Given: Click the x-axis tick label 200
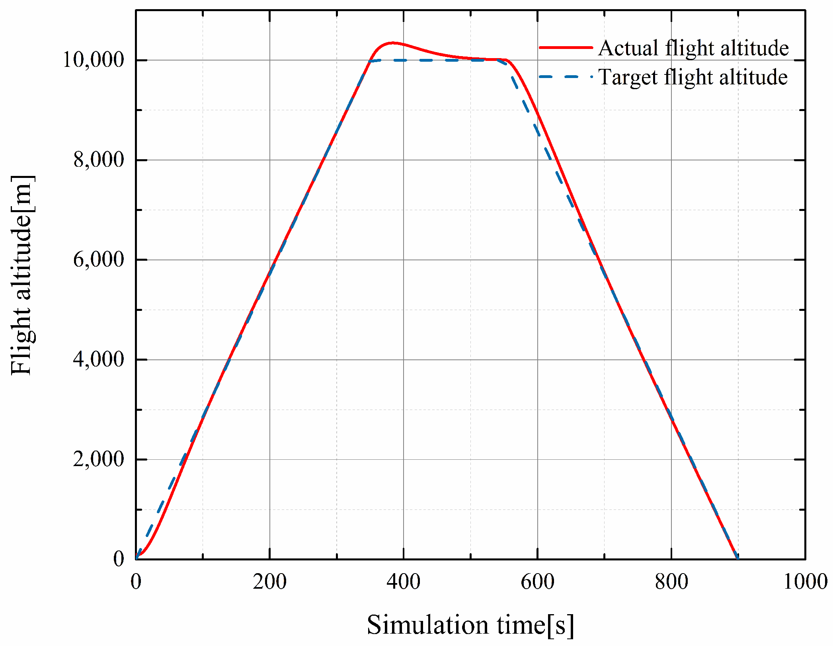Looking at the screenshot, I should tap(269, 582).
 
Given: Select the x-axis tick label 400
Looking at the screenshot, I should tap(404, 582).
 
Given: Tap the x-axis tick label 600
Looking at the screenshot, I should tap(537, 582).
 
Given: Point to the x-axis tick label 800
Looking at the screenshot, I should tap(671, 582).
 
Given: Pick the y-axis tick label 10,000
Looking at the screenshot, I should tap(94, 60).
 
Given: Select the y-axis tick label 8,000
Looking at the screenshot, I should tap(99, 160).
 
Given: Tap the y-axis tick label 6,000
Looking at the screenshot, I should tap(99, 260).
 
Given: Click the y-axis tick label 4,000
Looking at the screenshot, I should tap(99, 359).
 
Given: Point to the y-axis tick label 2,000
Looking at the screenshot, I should tap(99, 459).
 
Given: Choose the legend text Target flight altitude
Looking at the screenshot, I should tap(693, 77).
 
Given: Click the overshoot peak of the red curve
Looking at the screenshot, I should tap(392, 43).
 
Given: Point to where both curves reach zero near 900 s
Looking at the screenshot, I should tap(738, 558).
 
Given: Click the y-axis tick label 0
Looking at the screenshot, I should tap(119, 559).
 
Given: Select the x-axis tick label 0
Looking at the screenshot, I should tap(136, 582).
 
